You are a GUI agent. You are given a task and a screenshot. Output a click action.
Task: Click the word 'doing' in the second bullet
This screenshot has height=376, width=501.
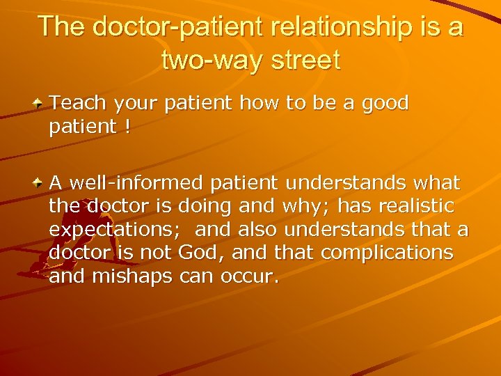(203, 207)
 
